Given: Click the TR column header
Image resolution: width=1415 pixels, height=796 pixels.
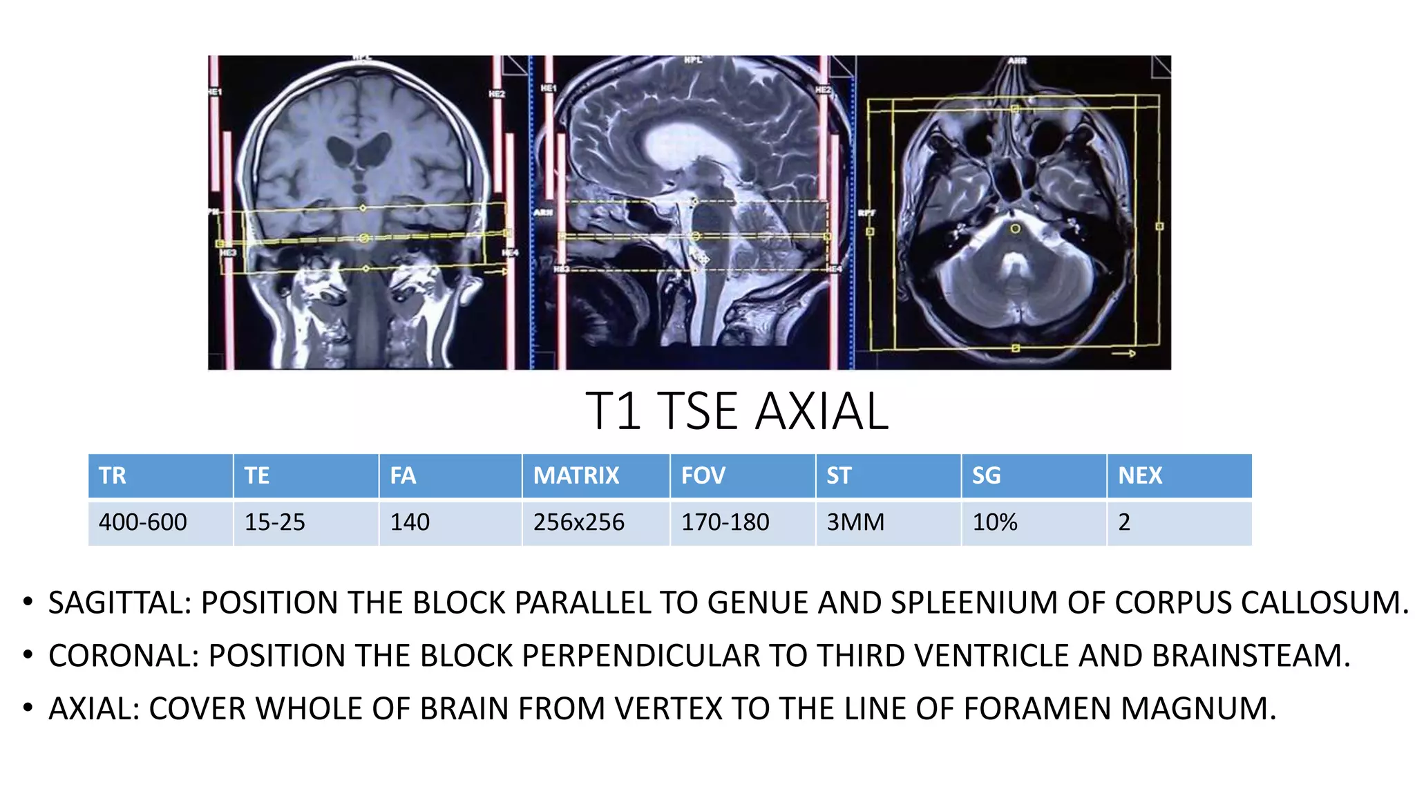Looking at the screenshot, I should [113, 475].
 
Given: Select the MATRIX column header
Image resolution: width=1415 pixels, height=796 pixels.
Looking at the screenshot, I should [576, 475].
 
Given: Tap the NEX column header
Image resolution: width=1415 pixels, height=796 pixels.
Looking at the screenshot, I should [1140, 475].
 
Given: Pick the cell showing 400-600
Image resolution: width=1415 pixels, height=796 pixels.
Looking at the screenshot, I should [142, 522].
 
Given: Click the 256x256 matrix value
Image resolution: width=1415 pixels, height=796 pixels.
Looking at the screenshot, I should [578, 522].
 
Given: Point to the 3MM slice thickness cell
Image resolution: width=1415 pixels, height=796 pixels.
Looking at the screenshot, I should [855, 522].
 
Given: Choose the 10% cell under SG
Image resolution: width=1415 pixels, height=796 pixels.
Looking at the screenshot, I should [995, 522].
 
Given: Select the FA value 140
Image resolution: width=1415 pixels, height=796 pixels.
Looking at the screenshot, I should [410, 522].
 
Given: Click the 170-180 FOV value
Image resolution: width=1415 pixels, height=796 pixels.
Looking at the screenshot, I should [725, 522].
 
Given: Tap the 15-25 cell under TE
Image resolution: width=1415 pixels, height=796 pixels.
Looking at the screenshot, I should [274, 522].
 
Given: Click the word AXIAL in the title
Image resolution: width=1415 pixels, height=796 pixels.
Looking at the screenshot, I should [822, 412].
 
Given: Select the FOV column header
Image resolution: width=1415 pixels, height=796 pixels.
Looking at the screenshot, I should [703, 475].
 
